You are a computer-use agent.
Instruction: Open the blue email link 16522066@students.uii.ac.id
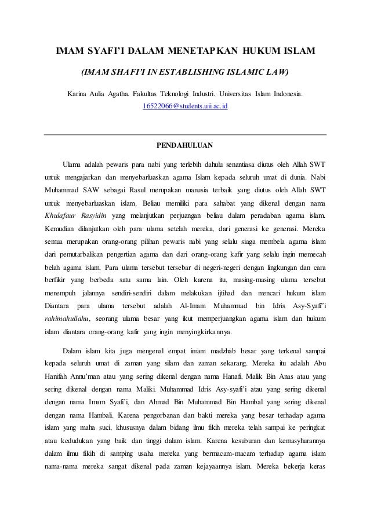pos(185,107)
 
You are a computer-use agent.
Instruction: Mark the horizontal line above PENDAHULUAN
pos(185,134)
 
